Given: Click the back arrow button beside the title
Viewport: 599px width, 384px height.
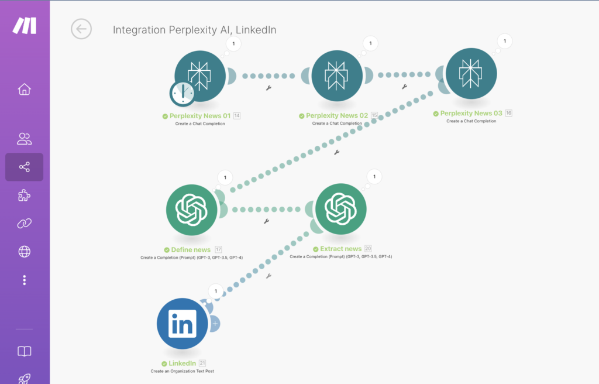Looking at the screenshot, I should tap(81, 29).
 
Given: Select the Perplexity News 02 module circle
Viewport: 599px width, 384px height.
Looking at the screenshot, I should tap(336, 75).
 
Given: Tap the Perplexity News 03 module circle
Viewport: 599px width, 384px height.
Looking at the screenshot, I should tap(471, 74).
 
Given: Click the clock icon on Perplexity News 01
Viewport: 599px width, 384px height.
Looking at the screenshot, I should tap(183, 93).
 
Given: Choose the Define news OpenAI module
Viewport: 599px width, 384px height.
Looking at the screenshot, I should tap(192, 208).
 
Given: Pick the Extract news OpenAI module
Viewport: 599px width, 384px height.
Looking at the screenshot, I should tap(340, 208).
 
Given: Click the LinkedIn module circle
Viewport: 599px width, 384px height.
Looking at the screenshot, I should tap(182, 324).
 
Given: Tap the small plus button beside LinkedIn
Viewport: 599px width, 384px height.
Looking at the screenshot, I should tap(215, 323).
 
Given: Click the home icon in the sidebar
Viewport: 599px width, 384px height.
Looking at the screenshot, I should tap(24, 90).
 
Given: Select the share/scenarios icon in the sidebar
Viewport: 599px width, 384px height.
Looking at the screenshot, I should tap(24, 167).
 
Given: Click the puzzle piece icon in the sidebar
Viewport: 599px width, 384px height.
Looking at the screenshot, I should tap(24, 196).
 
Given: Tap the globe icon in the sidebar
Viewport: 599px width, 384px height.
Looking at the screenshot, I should tap(24, 252).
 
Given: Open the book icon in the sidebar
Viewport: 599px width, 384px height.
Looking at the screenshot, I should tap(24, 351).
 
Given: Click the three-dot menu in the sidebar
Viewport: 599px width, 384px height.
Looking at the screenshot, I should tap(24, 280).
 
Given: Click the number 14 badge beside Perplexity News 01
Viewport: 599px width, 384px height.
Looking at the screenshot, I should tap(237, 116).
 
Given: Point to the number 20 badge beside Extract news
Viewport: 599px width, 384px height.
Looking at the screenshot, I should tap(368, 249).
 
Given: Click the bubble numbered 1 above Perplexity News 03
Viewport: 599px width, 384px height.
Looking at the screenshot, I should tap(505, 41).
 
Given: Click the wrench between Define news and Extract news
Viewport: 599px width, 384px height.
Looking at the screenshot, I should tap(266, 221).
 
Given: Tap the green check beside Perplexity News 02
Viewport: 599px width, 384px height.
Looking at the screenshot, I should tap(301, 116).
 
